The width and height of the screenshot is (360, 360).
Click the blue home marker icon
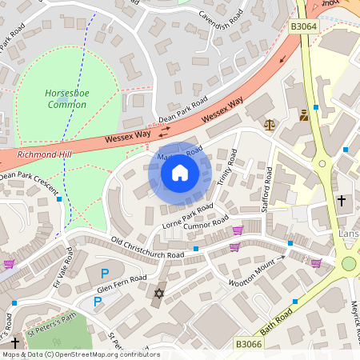click(x=180, y=172)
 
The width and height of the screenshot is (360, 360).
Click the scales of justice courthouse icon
click(x=269, y=125)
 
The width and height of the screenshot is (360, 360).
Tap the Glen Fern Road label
click(x=122, y=282)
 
